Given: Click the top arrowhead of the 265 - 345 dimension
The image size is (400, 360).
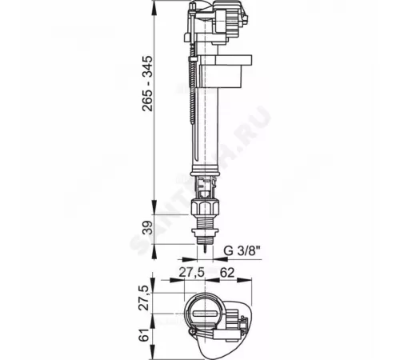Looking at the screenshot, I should coord(153,6).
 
